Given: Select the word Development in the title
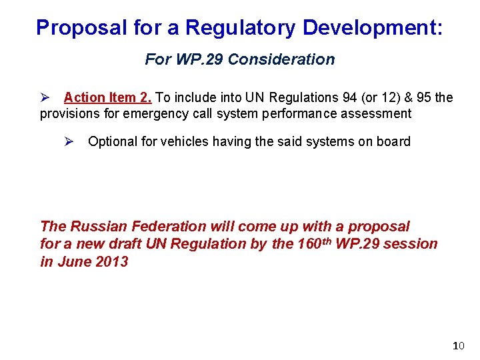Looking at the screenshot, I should coord(369,27).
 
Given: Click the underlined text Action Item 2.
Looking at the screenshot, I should coord(108,97).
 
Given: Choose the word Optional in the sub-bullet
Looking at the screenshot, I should coord(114,141).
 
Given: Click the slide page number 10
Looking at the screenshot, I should coord(458,345).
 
